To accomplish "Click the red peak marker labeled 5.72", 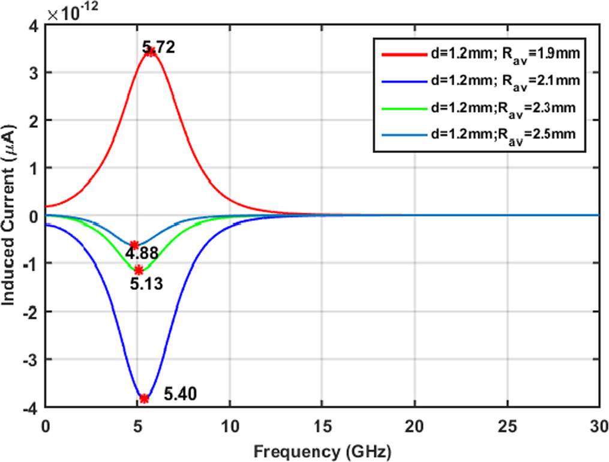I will (151, 52).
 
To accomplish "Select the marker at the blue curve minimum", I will (145, 398).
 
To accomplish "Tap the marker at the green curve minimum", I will (139, 270).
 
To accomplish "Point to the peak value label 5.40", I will (180, 394).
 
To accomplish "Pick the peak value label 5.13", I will (146, 284).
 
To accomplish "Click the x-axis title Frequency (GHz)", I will (323, 449).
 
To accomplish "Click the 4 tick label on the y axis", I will (34, 25).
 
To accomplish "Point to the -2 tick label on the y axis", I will (32, 311).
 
